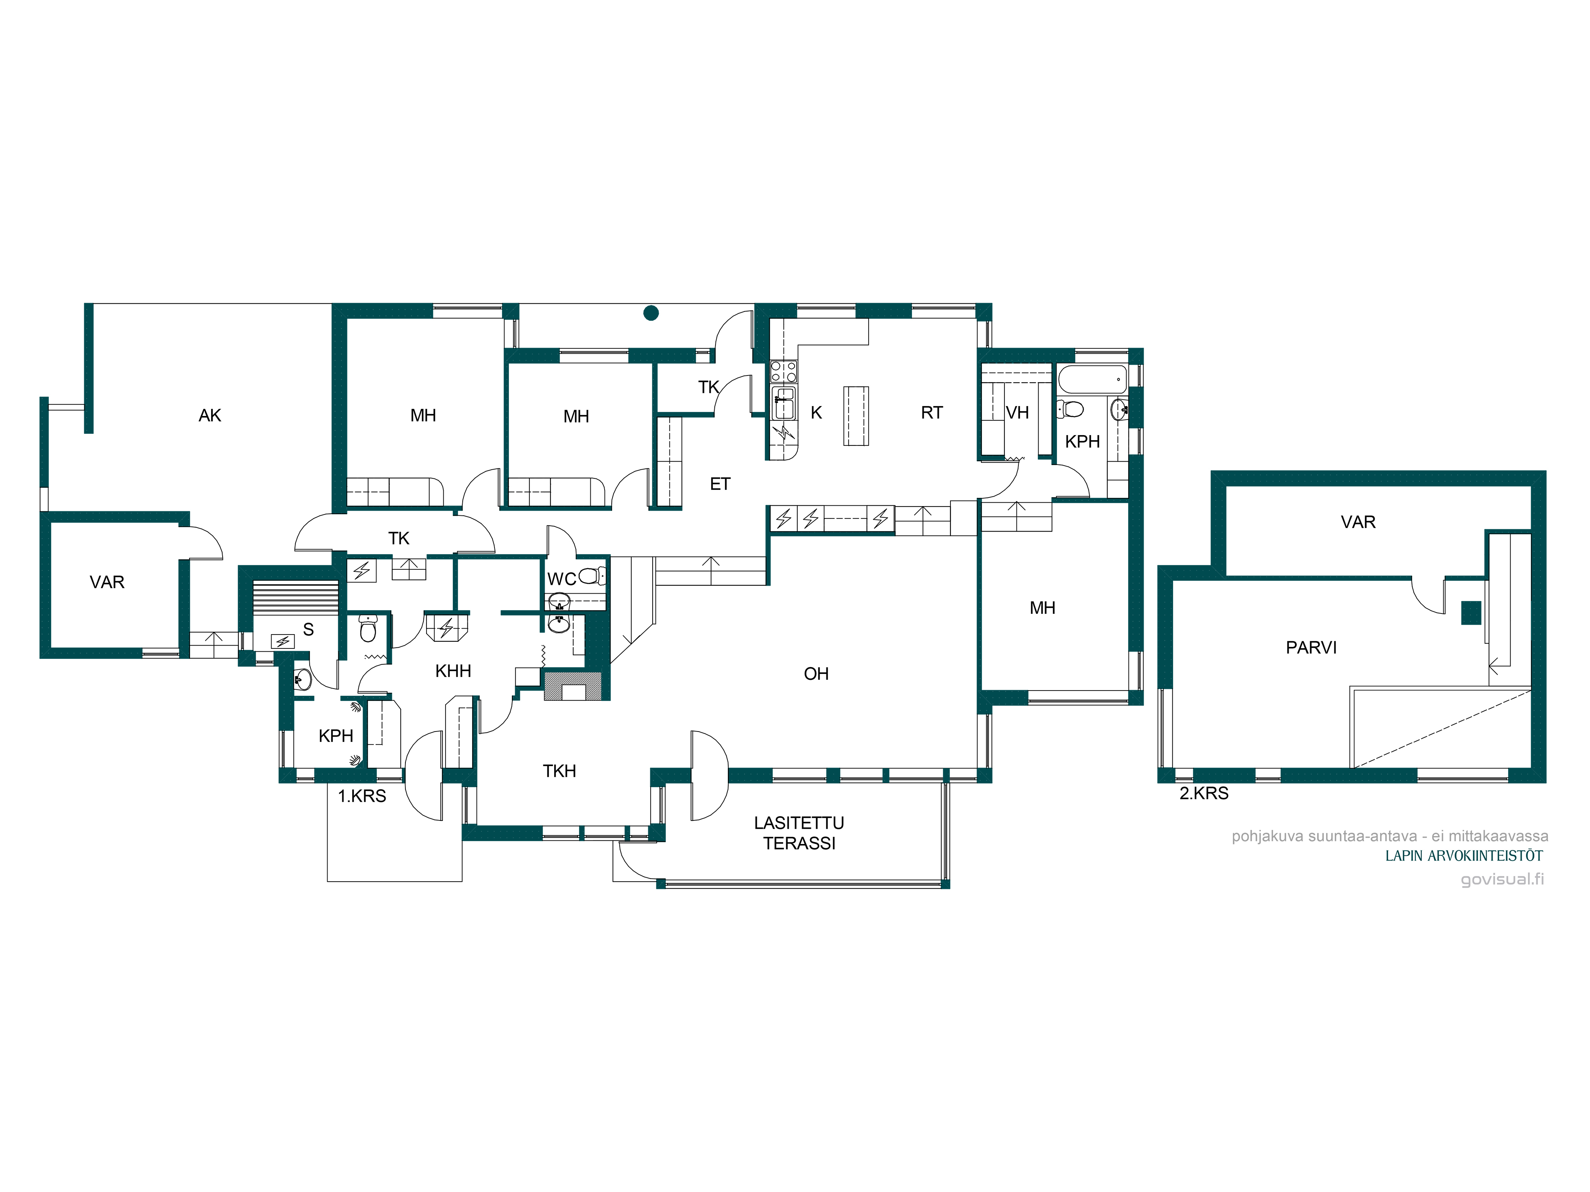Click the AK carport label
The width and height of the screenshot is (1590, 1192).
click(210, 415)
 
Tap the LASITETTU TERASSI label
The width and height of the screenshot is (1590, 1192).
click(799, 833)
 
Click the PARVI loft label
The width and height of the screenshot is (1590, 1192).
click(1311, 647)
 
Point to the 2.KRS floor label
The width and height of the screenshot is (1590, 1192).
click(1204, 793)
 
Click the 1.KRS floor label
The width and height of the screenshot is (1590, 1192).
click(362, 796)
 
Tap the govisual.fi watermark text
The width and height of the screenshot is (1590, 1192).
click(1502, 879)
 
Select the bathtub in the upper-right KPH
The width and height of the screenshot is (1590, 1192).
click(1093, 379)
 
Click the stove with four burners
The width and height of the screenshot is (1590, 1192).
click(783, 372)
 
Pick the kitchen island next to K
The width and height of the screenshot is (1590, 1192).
click(856, 416)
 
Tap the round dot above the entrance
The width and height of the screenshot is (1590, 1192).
click(651, 313)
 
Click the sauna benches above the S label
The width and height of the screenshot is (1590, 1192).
click(295, 597)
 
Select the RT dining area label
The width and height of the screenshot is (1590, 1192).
click(932, 412)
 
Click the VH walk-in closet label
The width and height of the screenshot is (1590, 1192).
click(1017, 412)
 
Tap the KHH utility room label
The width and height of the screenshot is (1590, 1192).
click(453, 671)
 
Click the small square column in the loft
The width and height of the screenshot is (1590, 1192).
click(1472, 613)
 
